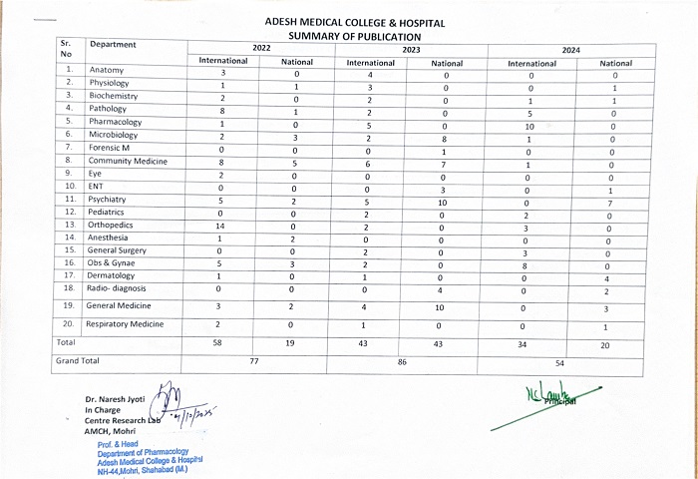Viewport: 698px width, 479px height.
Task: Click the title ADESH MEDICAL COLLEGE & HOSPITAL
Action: pos(355,22)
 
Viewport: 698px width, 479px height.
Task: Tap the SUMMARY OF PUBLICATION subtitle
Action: pos(354,36)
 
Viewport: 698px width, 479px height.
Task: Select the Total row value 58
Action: pos(224,342)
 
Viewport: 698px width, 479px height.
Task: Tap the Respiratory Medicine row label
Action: pos(124,324)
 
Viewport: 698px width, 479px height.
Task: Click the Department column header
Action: pos(113,45)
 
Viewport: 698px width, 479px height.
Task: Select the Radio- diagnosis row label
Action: pos(119,287)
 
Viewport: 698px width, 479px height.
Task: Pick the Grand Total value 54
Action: pos(559,364)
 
